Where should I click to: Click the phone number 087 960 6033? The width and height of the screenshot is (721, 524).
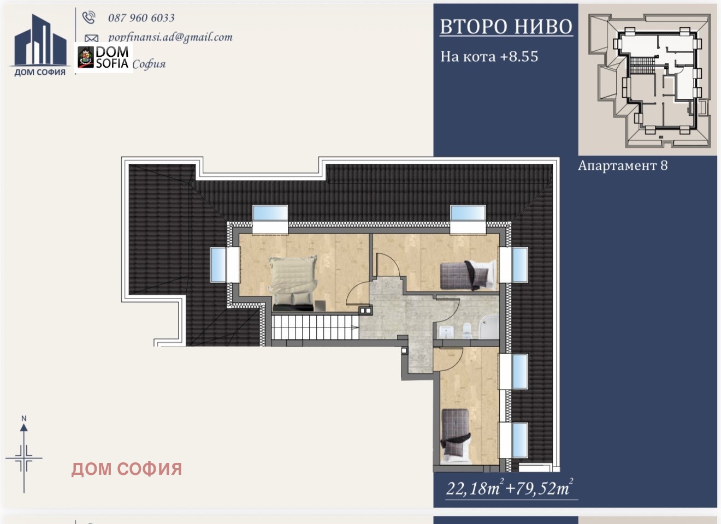141,18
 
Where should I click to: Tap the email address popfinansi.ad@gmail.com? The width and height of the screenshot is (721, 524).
170,37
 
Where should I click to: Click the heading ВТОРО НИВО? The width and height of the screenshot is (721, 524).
506,27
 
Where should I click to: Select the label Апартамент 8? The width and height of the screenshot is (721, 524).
623,166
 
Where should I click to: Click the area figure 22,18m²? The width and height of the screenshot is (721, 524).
474,487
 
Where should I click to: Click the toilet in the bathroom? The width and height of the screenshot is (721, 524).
466,329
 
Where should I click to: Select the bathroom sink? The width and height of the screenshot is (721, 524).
447,331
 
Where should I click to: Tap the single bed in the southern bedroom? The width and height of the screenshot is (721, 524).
455,434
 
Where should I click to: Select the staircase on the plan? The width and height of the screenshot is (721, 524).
314,328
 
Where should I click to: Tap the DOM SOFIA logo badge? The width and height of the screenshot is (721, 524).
104,57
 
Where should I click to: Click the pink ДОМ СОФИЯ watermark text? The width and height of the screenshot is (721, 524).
127,469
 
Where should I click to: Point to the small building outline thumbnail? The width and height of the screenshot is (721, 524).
648,80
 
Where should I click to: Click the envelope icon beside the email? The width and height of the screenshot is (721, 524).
91,38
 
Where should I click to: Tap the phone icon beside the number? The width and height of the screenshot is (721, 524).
88,17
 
